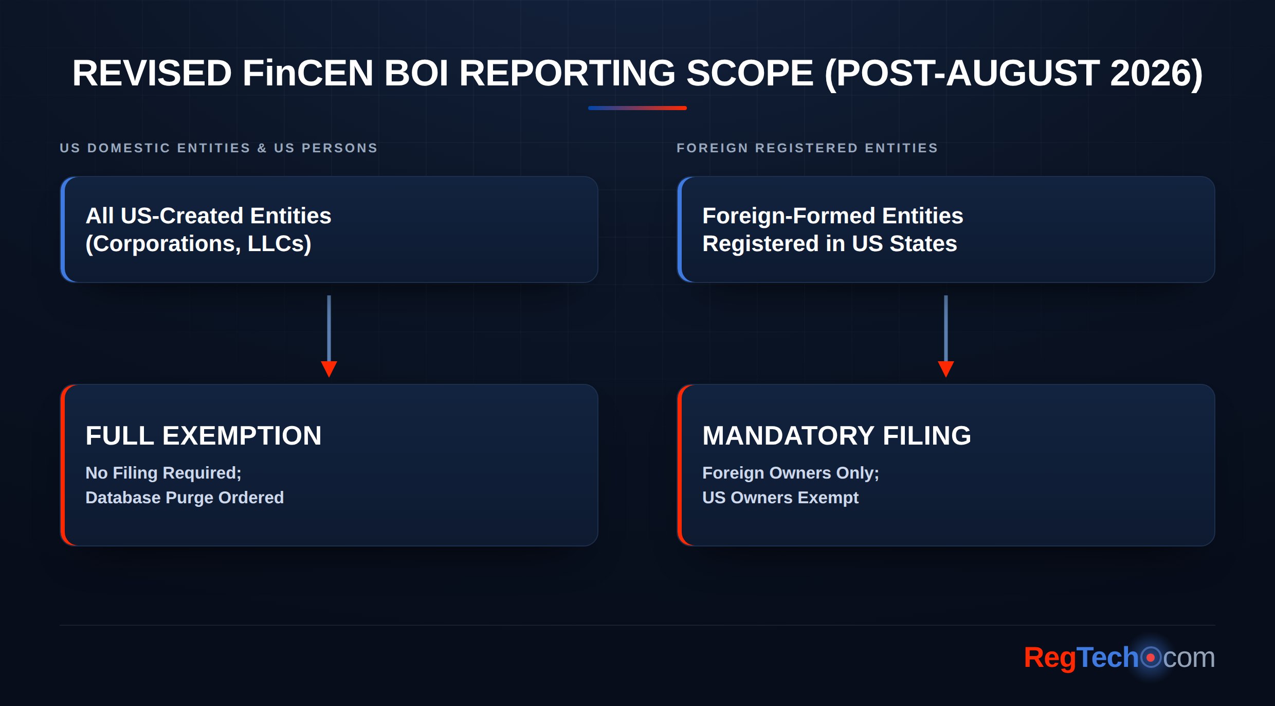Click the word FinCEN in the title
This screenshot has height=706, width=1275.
307,73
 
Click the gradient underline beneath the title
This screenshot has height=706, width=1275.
637,108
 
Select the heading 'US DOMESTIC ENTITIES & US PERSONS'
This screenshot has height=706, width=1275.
219,148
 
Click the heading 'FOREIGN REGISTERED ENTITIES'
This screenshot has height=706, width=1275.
807,148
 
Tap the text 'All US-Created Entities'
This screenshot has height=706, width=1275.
208,216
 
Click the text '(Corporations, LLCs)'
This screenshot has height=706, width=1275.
198,244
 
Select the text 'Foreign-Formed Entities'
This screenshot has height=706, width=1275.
832,216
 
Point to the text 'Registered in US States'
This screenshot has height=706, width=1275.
829,243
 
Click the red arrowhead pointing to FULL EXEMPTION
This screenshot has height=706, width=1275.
329,369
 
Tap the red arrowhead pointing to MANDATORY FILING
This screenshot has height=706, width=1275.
946,369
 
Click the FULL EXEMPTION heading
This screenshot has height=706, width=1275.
204,435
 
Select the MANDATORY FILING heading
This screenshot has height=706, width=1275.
836,435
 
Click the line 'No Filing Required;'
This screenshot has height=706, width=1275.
163,473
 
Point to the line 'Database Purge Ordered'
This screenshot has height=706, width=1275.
185,498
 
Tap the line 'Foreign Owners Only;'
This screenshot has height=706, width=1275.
791,473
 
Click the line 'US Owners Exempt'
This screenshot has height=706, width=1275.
780,498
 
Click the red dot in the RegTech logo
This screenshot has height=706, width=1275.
1151,658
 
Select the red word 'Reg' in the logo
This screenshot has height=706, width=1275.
1049,658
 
